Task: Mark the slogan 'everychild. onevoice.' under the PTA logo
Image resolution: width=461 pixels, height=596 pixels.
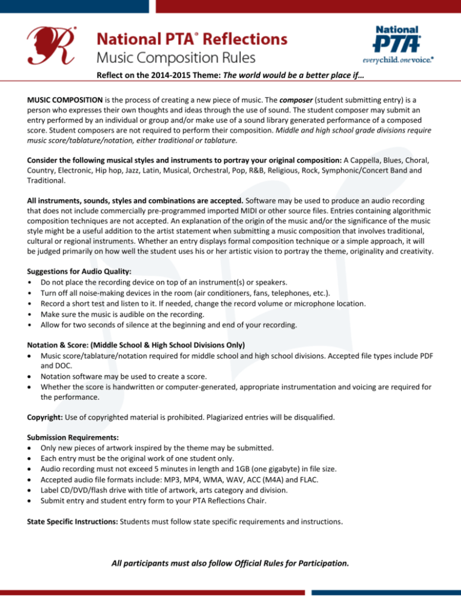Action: pos(399,61)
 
